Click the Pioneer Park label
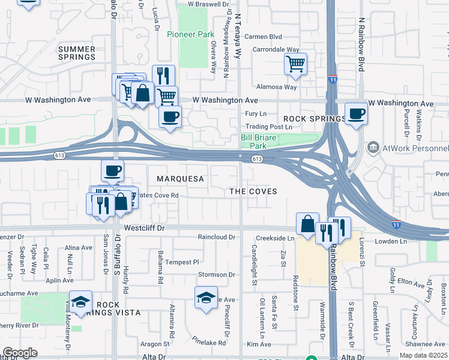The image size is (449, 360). tap(190, 34)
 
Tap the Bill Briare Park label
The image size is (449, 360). tap(262, 142)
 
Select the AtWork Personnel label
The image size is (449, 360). tap(415, 148)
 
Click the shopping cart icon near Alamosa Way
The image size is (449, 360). tap(295, 63)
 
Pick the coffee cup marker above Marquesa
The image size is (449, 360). tap(112, 171)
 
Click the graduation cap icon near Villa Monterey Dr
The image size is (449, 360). tap(80, 302)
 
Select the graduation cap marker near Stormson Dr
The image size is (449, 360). tap(206, 297)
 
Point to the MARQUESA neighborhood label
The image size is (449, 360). tap(181, 179)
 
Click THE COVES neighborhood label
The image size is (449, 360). tap(254, 191)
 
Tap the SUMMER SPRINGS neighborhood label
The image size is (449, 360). tap(77, 52)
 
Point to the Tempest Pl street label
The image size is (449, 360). tap(182, 262)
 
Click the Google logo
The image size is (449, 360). tap(20, 353)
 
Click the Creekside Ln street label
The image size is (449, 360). tap(274, 238)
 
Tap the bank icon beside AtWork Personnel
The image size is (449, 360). tap(373, 148)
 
